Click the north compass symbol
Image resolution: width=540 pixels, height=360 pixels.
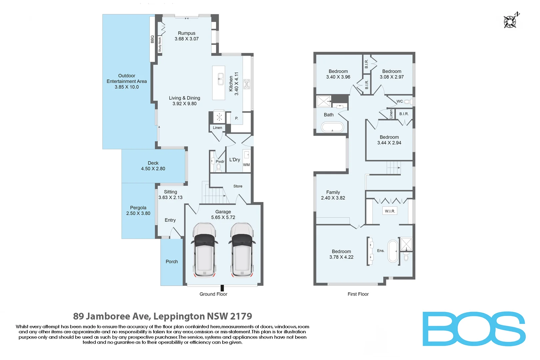pos(510,21)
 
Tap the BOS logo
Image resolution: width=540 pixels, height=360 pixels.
pos(474,329)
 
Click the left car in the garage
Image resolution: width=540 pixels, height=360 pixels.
pos(204,250)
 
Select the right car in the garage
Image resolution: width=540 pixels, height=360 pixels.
pos(242,250)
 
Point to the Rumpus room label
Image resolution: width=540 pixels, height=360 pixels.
pos(186,33)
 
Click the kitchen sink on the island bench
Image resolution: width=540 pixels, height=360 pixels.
pos(221,79)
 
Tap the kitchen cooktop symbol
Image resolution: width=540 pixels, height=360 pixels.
pos(247,84)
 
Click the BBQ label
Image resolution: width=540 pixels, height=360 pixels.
pos(152,39)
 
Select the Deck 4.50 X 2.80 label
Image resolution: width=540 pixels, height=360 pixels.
pos(153,166)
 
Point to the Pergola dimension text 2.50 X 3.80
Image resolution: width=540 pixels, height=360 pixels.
pos(138,213)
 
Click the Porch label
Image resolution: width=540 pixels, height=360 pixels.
pos(172,262)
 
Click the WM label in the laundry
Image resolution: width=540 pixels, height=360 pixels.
pos(246,165)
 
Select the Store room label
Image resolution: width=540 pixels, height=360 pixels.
pos(238,186)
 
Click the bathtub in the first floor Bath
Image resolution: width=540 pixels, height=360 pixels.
pos(332,127)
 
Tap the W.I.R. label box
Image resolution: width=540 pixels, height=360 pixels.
pos(390,211)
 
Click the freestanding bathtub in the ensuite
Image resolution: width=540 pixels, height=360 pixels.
pos(393,251)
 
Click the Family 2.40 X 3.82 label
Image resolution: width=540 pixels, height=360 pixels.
pos(333,195)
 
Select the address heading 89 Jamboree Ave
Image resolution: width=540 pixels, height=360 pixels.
pos(162,316)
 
